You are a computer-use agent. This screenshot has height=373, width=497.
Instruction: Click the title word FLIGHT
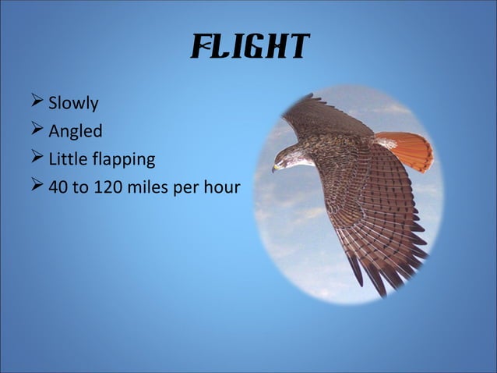pos(249,48)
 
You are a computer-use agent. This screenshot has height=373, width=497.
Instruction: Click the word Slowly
pos(73,103)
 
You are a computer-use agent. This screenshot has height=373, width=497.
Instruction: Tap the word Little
pos(65,160)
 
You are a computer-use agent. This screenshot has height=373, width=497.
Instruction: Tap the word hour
pos(220,188)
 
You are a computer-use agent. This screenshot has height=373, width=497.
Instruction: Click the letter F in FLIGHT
pos(200,48)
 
